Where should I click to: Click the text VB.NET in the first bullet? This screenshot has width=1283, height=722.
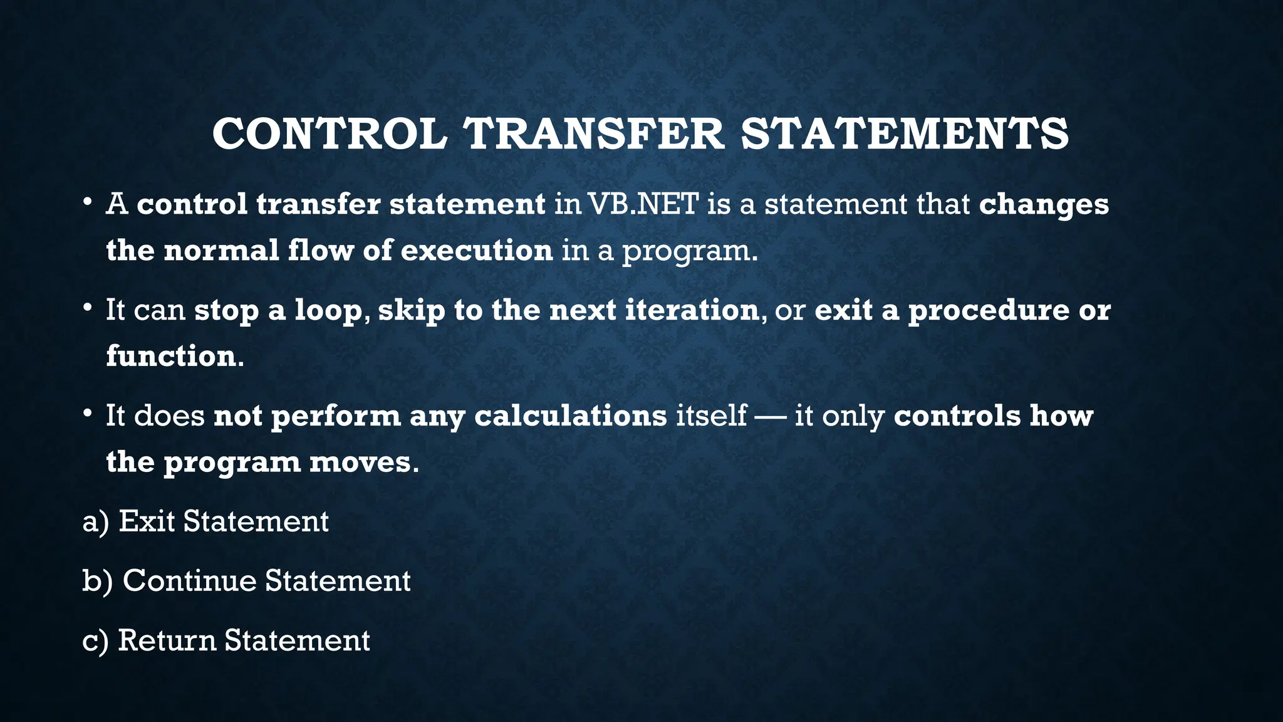pos(642,204)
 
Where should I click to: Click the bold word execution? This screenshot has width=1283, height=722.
pos(476,251)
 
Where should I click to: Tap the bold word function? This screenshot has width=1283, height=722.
pos(170,356)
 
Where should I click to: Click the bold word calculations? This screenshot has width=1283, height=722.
pos(571,416)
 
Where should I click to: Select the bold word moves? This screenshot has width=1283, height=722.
pos(360,463)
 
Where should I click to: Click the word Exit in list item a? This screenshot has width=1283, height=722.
pos(147,521)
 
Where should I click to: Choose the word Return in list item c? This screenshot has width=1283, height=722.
pos(167,640)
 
